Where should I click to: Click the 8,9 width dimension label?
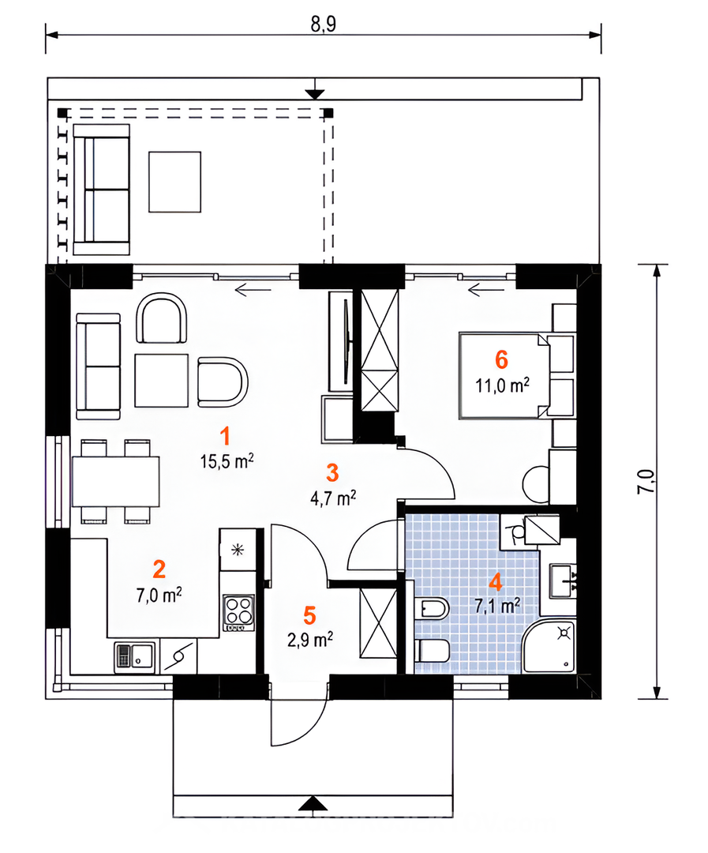(x=324, y=24)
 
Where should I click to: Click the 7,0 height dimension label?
(x=646, y=481)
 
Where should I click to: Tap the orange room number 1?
(x=225, y=436)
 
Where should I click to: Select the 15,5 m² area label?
(x=227, y=461)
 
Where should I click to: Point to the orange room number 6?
(x=501, y=359)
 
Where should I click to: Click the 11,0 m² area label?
(x=503, y=385)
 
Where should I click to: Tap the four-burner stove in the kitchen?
(x=238, y=613)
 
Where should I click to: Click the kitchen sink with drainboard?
(x=134, y=657)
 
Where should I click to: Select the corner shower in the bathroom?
(x=549, y=645)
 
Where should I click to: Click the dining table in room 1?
(x=116, y=482)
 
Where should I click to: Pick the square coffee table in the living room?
(x=162, y=381)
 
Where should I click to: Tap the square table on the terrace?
(x=175, y=182)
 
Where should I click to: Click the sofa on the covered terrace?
(x=102, y=190)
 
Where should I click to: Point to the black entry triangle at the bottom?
(x=313, y=803)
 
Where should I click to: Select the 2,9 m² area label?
(x=310, y=640)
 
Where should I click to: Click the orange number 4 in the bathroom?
(x=496, y=582)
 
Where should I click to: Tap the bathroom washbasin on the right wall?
(x=563, y=581)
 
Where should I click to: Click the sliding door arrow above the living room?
(x=253, y=290)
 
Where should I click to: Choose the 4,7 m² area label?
(x=333, y=498)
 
